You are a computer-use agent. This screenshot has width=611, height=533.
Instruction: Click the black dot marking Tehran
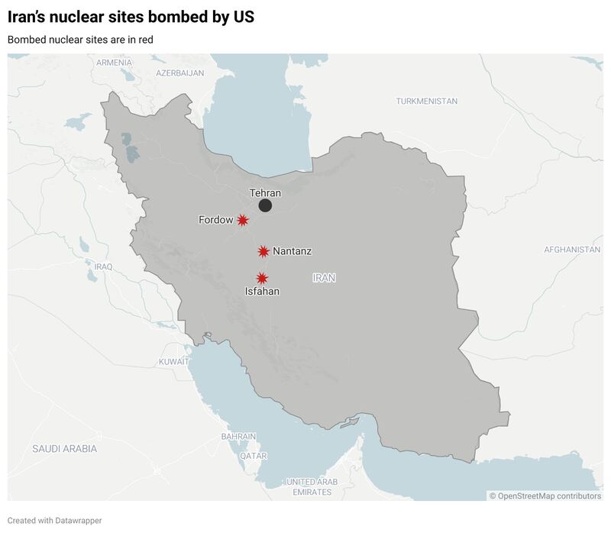pyautogui.click(x=265, y=205)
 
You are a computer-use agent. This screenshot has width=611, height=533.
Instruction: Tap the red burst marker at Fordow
pyautogui.click(x=243, y=220)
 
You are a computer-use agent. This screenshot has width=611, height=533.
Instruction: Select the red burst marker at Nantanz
pyautogui.click(x=263, y=251)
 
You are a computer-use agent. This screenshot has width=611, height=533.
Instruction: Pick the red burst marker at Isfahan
pyautogui.click(x=262, y=279)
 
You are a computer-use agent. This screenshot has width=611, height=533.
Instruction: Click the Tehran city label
pyautogui.click(x=265, y=193)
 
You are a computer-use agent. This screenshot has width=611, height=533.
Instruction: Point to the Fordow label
pyautogui.click(x=216, y=220)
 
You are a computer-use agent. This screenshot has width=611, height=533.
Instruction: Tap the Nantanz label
pyautogui.click(x=292, y=251)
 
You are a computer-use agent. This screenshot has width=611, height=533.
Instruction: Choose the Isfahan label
pyautogui.click(x=262, y=292)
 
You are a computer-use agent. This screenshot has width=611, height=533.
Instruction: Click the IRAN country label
pyautogui.click(x=324, y=278)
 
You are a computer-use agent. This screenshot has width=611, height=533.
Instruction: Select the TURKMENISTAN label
pyautogui.click(x=426, y=101)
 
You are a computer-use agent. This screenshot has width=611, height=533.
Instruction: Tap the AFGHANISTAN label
pyautogui.click(x=572, y=250)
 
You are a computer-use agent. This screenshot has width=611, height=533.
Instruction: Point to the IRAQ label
pyautogui.click(x=104, y=266)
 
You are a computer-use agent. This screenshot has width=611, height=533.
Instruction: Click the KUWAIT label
pyautogui.click(x=173, y=361)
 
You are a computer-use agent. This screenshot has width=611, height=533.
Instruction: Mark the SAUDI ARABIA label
pyautogui.click(x=64, y=449)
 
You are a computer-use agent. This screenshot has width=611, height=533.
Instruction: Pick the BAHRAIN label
pyautogui.click(x=238, y=436)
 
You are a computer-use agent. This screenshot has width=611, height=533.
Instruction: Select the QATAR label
pyautogui.click(x=253, y=456)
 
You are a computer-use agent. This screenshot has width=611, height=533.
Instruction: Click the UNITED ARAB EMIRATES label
pyautogui.click(x=311, y=486)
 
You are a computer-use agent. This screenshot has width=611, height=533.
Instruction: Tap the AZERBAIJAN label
pyautogui.click(x=179, y=73)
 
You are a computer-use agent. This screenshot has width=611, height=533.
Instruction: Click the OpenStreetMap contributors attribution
pyautogui.click(x=545, y=496)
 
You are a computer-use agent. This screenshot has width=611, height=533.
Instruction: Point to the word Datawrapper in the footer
pyautogui.click(x=78, y=521)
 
